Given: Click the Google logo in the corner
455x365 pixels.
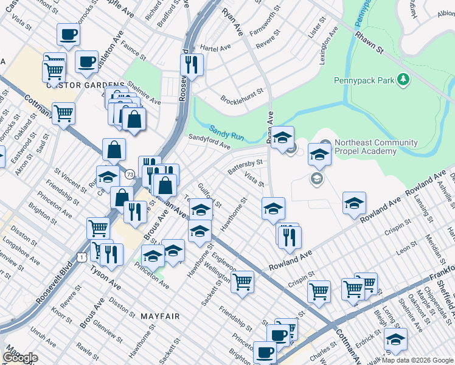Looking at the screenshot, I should click(x=19, y=358).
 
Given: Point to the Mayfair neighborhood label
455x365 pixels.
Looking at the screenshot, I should click(x=160, y=316).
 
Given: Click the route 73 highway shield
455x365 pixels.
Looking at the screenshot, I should click(x=130, y=175).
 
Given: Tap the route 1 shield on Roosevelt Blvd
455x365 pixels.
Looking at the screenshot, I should click(x=81, y=257).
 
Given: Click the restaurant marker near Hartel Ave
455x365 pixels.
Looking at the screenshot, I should click(x=193, y=64).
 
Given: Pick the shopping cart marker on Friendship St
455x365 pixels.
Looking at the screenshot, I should click(x=243, y=282).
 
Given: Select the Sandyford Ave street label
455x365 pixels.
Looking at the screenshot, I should click(x=209, y=141).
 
